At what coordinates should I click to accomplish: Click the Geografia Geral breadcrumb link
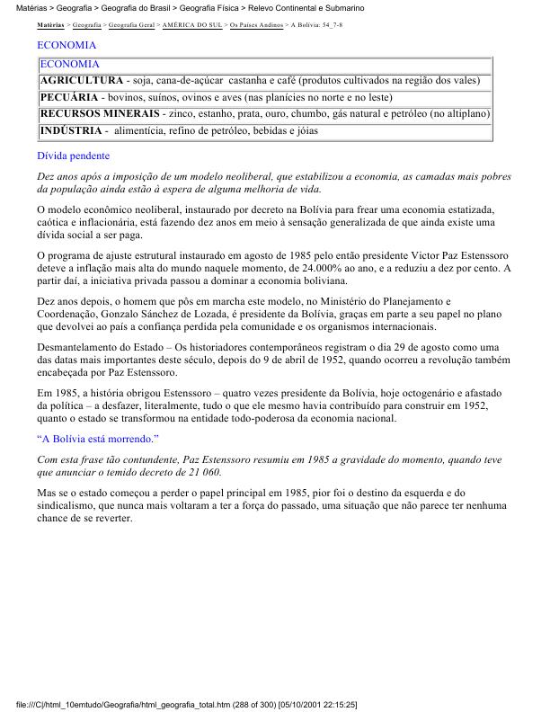coord(131,25)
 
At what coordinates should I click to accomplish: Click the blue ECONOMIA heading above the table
coord(67,44)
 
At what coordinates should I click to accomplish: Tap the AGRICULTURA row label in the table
coord(82,81)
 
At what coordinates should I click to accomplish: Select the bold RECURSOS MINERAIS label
coord(100,114)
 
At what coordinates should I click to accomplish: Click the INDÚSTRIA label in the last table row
coord(70,131)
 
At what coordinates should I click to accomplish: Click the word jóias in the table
coord(306,131)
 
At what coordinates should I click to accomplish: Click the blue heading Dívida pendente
coord(74,156)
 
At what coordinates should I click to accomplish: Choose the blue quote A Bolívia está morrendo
coord(98,439)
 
